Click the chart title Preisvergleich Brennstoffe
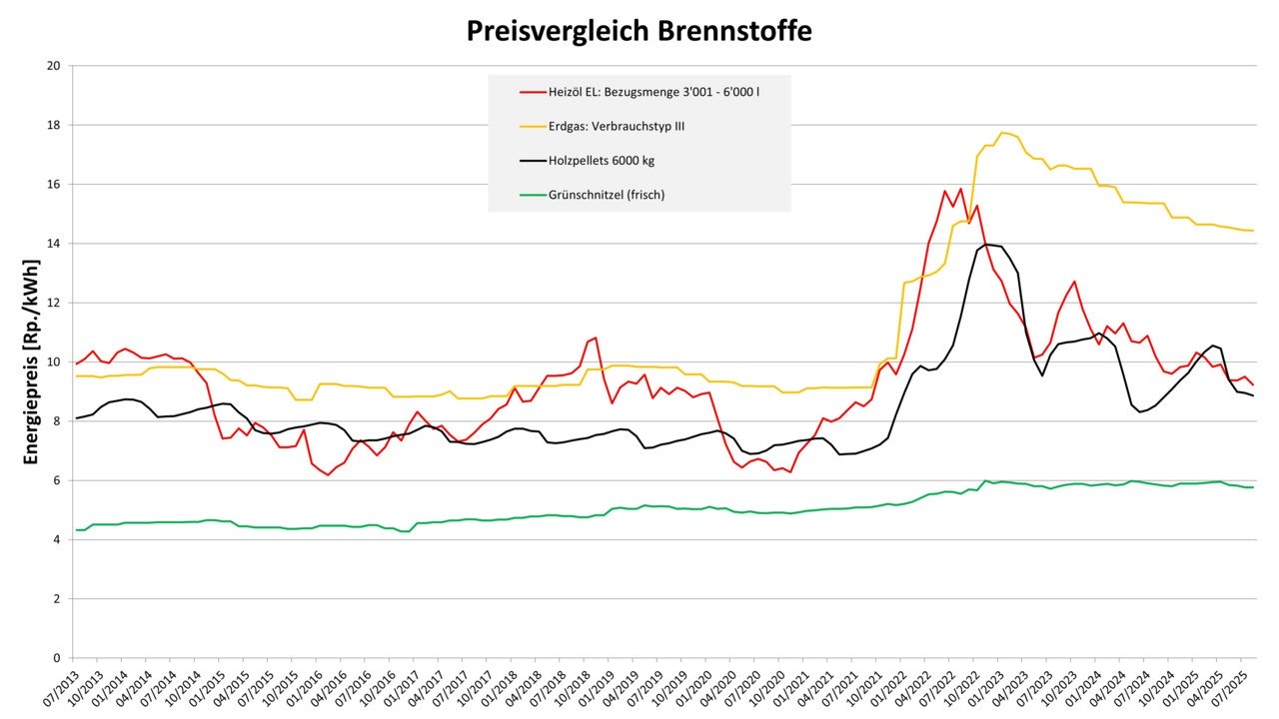pyautogui.click(x=639, y=31)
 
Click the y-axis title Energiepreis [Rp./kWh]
pyautogui.click(x=33, y=362)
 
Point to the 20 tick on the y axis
pyautogui.click(x=54, y=66)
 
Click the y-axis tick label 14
pyautogui.click(x=54, y=244)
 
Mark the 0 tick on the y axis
pyautogui.click(x=57, y=658)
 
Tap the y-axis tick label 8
pyautogui.click(x=57, y=421)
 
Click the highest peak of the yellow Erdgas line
pyautogui.click(x=1002, y=133)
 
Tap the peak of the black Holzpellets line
pyautogui.click(x=987, y=244)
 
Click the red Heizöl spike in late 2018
pyautogui.click(x=596, y=338)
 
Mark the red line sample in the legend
pyautogui.click(x=532, y=92)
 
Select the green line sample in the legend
pyautogui.click(x=532, y=195)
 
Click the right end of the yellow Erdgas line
pyautogui.click(x=1253, y=231)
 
